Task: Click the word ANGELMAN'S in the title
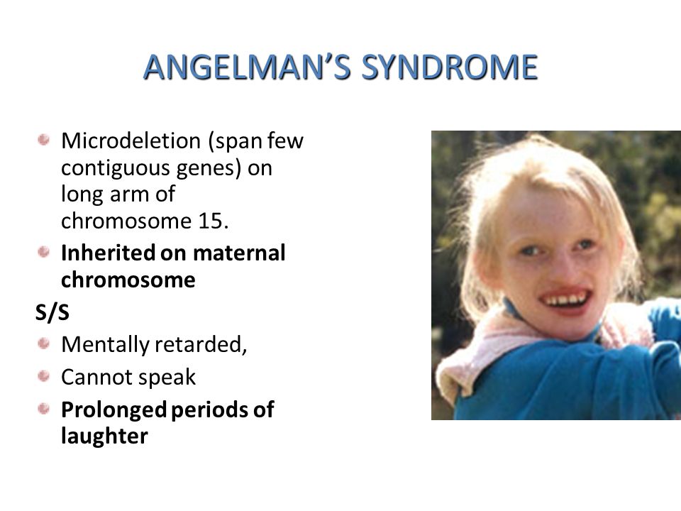(247, 67)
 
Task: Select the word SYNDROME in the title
(450, 67)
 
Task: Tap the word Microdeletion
(131, 141)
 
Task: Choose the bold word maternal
(239, 253)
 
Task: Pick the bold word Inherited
(108, 253)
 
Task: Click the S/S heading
(52, 312)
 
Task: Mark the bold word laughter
(104, 436)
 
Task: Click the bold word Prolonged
(113, 410)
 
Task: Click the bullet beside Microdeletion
(43, 140)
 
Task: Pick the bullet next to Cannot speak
(43, 375)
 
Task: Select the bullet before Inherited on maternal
(43, 251)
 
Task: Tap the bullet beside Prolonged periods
(43, 409)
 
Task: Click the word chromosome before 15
(126, 221)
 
